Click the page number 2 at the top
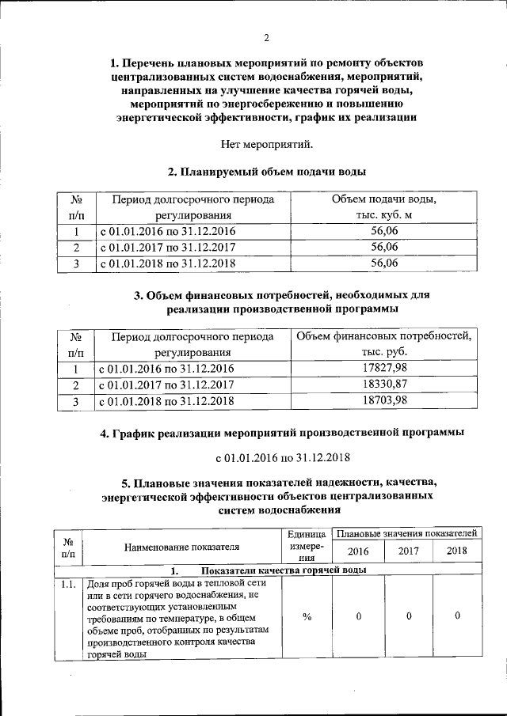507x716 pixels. [x=266, y=37]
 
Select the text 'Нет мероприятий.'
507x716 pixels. [x=266, y=144]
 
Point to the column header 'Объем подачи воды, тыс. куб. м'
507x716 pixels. [x=384, y=206]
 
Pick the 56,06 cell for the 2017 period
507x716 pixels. [x=384, y=248]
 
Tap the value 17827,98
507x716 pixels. [x=384, y=369]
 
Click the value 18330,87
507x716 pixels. [x=384, y=385]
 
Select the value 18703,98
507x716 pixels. [x=384, y=401]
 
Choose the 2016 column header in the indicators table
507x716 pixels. [x=358, y=551]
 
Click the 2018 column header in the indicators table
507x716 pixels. [x=457, y=551]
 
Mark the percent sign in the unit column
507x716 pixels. [x=306, y=617]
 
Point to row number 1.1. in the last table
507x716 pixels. [x=68, y=584]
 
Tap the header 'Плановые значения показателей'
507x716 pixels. [x=407, y=535]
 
